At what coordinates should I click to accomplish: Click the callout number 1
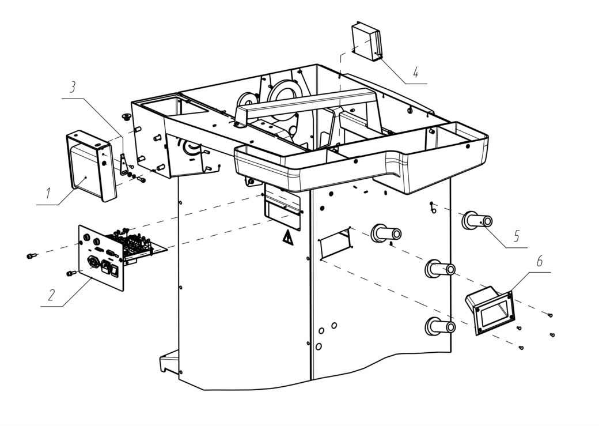click(x=48, y=193)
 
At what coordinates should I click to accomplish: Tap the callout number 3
click(x=72, y=87)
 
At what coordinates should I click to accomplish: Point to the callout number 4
click(x=416, y=71)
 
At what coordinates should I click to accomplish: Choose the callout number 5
click(x=517, y=236)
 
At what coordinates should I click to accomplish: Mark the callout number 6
click(x=539, y=262)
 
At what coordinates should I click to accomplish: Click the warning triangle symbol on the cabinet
click(x=287, y=239)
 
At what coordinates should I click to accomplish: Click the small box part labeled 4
click(x=367, y=42)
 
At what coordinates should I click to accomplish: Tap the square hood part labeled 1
click(x=91, y=165)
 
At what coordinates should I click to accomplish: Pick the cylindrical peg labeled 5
click(x=477, y=221)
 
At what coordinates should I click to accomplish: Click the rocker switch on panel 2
click(x=115, y=271)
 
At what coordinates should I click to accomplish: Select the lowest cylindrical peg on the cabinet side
click(x=440, y=327)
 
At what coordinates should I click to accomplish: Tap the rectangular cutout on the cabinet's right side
click(x=335, y=244)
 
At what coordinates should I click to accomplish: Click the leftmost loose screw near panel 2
click(x=31, y=255)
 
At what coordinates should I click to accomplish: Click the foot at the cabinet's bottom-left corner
click(x=169, y=361)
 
